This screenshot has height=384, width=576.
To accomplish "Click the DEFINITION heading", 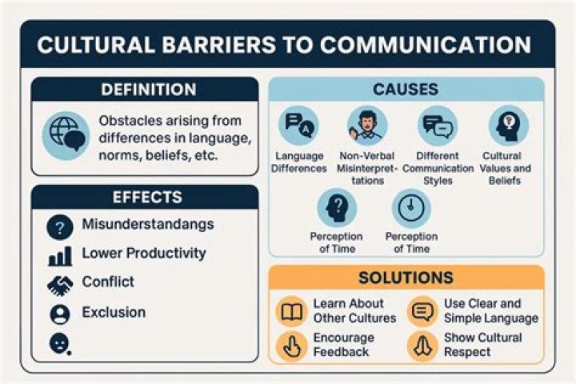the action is point(149,90).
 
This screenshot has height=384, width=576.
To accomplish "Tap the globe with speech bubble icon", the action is point(66,136).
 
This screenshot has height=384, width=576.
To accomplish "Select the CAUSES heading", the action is point(406,90).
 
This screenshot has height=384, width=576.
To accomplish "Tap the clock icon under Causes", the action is point(411,208).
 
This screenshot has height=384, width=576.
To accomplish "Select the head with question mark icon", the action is point(337,208).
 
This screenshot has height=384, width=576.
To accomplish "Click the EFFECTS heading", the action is point(147,198).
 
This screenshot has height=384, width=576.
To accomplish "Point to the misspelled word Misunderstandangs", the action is point(148,225).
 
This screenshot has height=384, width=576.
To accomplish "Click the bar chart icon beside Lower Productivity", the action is point(60,256).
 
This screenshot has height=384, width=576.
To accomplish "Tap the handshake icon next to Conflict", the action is point(60,286).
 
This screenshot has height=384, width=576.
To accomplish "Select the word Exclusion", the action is point(114,312).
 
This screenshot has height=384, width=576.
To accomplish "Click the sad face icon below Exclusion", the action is point(59,343).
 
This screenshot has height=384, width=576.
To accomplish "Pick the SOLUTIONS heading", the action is point(406,278).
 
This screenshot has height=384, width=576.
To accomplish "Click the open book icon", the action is point(292,312).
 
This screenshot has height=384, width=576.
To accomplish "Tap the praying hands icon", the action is point(423,346).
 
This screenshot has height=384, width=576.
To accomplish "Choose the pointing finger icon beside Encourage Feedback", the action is point(292,346).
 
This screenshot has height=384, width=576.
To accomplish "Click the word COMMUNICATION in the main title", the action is point(426,45).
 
